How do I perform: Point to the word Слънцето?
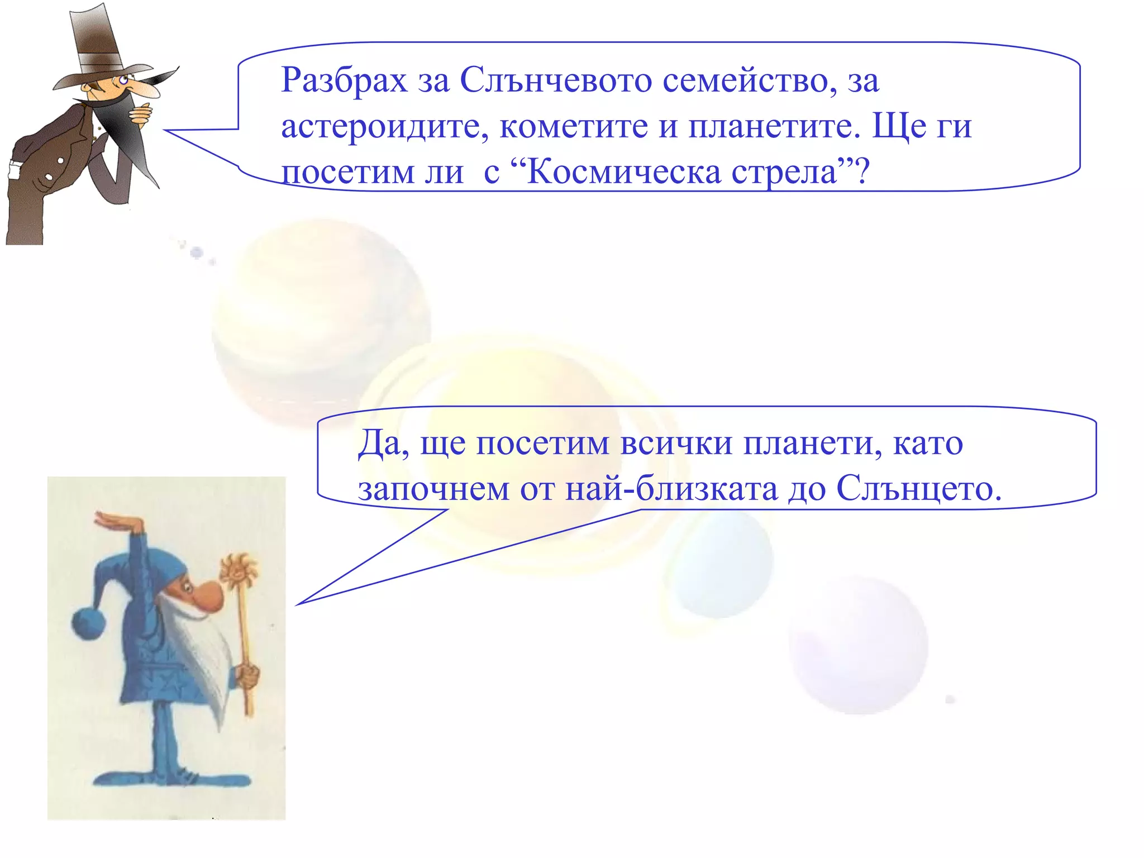918,489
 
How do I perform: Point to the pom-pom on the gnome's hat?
89,623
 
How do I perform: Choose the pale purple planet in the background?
859,645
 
